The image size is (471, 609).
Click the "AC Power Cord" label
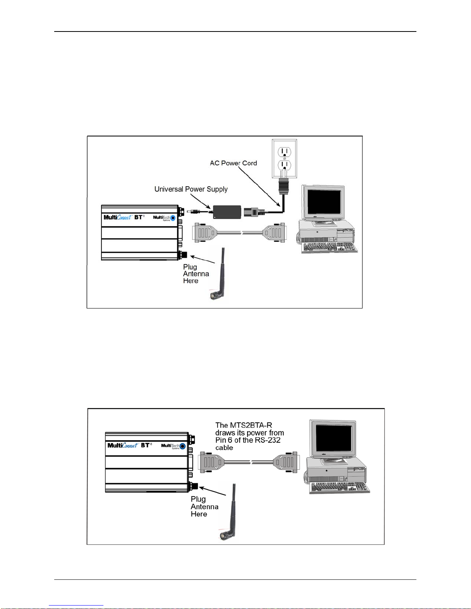pos(233,163)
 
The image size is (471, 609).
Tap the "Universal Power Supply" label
pos(191,189)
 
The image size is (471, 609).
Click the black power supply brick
pos(227,212)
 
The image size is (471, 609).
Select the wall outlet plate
pos(285,159)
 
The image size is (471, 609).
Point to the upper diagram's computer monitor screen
pos(324,202)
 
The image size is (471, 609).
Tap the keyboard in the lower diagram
pos(340,487)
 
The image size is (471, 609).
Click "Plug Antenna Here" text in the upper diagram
pos(196,274)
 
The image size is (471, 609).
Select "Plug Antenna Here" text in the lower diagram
pos(205,506)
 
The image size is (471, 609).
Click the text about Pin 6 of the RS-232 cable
pos(250,436)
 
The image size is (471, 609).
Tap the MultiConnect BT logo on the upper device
pos(124,217)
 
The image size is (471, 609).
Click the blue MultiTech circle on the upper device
pos(173,218)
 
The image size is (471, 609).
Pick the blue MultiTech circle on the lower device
pos(183,446)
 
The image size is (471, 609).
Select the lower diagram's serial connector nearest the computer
pos(285,462)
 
